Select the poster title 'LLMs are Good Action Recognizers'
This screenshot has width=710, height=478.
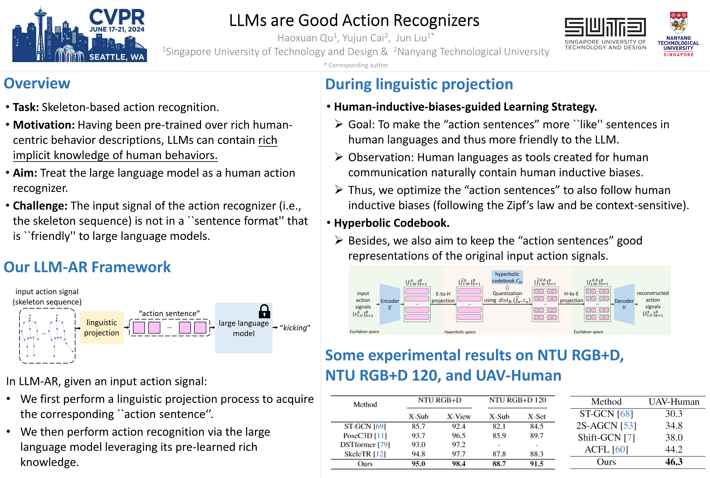pos(354,20)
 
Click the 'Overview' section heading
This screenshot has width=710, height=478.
pos(37,83)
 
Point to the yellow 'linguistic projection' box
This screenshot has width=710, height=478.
pos(102,327)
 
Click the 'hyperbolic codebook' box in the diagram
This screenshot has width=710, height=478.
pos(507,277)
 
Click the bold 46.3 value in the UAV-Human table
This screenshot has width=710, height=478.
pos(674,462)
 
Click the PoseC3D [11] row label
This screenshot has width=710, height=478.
pos(365,436)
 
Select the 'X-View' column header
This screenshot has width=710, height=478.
pos(459,416)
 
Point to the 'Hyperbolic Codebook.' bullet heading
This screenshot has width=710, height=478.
pos(392,223)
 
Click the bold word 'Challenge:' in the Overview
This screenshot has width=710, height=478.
pos(40,206)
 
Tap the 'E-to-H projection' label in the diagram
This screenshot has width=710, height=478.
pos(443,297)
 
